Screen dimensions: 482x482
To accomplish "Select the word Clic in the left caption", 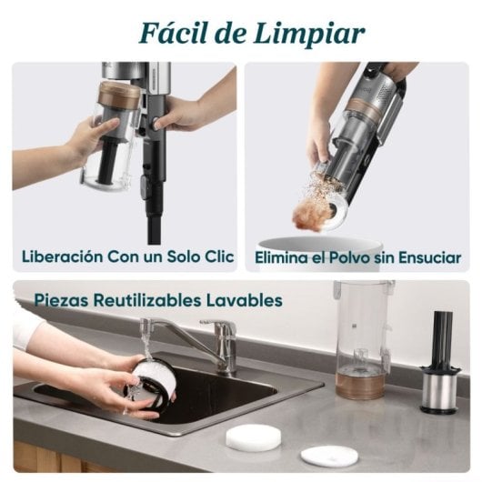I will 216,257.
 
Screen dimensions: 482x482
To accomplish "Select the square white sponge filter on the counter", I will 253,437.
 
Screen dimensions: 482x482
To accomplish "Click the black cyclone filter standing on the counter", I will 439,364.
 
